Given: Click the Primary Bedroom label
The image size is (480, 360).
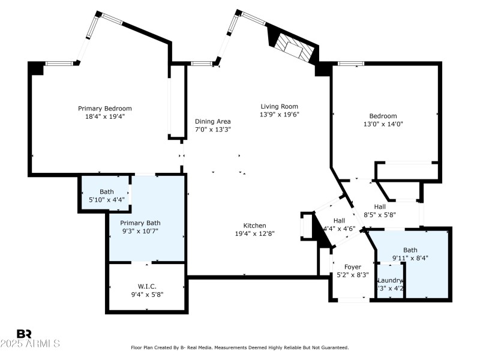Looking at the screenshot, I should [105, 109].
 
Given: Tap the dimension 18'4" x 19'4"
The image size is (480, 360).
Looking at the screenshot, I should [105, 117].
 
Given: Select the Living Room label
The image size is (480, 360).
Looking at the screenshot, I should [279, 106].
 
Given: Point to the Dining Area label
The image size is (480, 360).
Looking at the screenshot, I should [213, 121].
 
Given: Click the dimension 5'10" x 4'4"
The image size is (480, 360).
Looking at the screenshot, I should [107, 200].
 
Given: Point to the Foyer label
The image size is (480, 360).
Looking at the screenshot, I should [352, 267].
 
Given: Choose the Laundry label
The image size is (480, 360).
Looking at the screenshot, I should [389, 280].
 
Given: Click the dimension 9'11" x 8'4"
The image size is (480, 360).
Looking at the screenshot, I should [411, 258].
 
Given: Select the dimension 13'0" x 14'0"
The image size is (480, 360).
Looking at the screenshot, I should [383, 125].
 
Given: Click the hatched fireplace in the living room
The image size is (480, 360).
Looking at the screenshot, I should [293, 47].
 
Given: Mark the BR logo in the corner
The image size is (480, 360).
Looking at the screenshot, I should [24, 334].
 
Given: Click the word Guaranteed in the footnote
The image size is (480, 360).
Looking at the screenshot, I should [331, 347].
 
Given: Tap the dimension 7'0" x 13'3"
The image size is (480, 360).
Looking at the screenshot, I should [213, 129].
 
